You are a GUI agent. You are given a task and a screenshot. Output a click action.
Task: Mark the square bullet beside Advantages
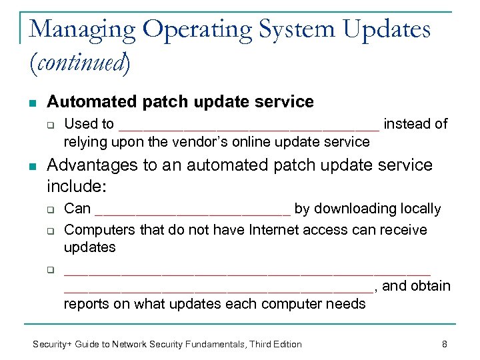(33, 166)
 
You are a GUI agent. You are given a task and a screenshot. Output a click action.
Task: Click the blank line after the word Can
(193, 209)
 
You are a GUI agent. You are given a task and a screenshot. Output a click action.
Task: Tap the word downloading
(351, 209)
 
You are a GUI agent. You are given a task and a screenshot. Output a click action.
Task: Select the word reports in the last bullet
(86, 304)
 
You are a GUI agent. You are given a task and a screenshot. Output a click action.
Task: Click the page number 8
(444, 344)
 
